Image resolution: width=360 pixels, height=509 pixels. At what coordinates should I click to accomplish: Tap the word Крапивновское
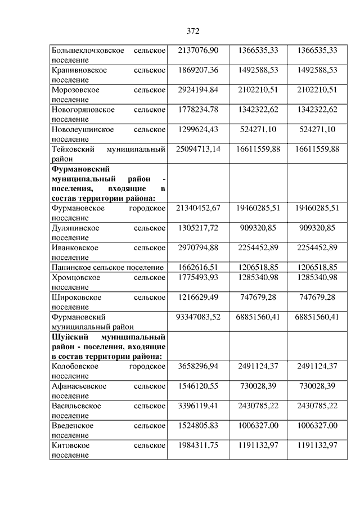pos(75,70)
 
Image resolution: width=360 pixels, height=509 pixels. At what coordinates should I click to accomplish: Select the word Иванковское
pos(74,247)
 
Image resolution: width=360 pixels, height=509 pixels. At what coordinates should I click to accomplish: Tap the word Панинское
pos(70,268)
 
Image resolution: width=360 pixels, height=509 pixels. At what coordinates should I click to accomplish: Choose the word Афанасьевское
pos(78,386)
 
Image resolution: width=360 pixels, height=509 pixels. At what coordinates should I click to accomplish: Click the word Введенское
pos(72,425)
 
